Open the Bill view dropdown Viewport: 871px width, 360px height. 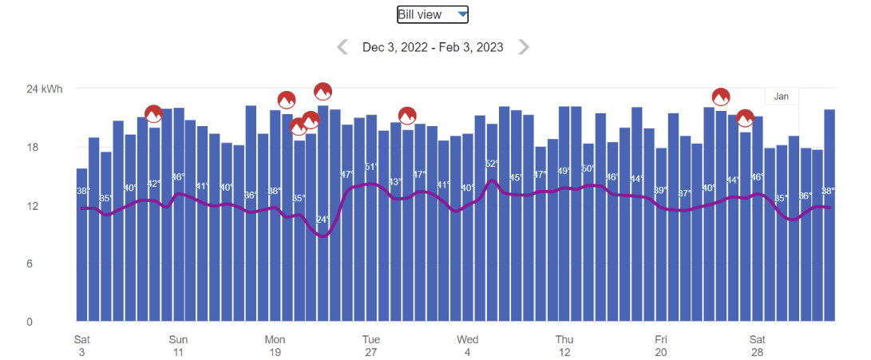coord(433,14)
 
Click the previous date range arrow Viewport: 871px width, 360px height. coord(342,47)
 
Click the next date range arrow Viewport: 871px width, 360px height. coord(524,47)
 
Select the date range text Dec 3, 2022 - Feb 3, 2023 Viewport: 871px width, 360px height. coord(433,47)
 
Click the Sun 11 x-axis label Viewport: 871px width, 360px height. coord(178,345)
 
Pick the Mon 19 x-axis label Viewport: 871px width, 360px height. coord(275,345)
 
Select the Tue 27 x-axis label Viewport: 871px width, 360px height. coord(371,345)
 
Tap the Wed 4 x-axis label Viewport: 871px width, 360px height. coord(468,345)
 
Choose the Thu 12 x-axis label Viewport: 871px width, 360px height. coord(564,345)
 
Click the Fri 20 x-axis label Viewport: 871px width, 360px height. coord(661,345)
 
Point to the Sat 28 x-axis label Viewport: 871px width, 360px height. coord(758,345)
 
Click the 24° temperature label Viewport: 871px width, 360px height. coord(323,220)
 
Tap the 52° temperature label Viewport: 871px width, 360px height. coord(492,164)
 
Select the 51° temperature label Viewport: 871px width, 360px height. coord(371,167)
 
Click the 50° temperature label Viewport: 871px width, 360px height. coord(588,168)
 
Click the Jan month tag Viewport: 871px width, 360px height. coord(782,97)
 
